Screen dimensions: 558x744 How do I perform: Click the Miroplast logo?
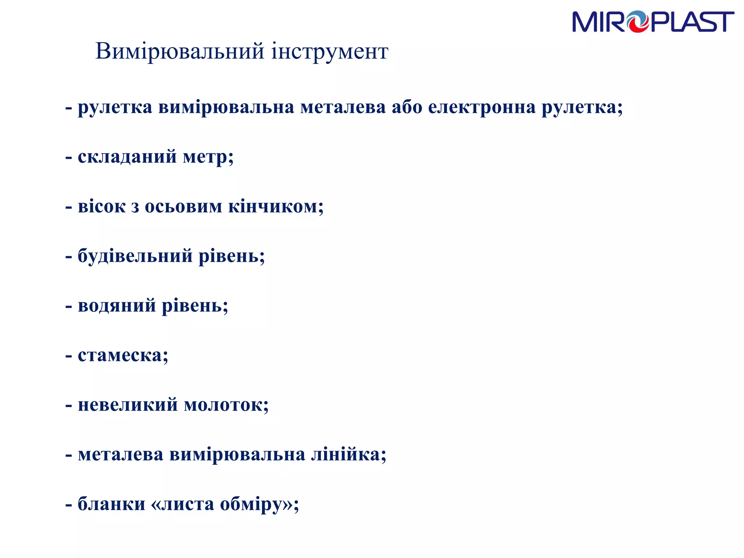pyautogui.click(x=653, y=22)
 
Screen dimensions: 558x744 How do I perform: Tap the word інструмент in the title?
pyautogui.click(x=330, y=51)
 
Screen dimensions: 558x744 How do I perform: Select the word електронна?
pyautogui.click(x=482, y=108)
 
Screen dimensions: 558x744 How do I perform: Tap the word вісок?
pyautogui.click(x=102, y=207)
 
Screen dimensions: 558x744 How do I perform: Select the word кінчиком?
pyautogui.click(x=275, y=207)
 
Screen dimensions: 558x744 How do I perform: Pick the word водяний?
pyautogui.click(x=117, y=306)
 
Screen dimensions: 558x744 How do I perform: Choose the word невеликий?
pyautogui.click(x=128, y=405)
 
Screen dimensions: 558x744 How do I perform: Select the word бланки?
pyautogui.click(x=112, y=504)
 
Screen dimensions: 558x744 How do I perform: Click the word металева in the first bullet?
pyautogui.click(x=343, y=108)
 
